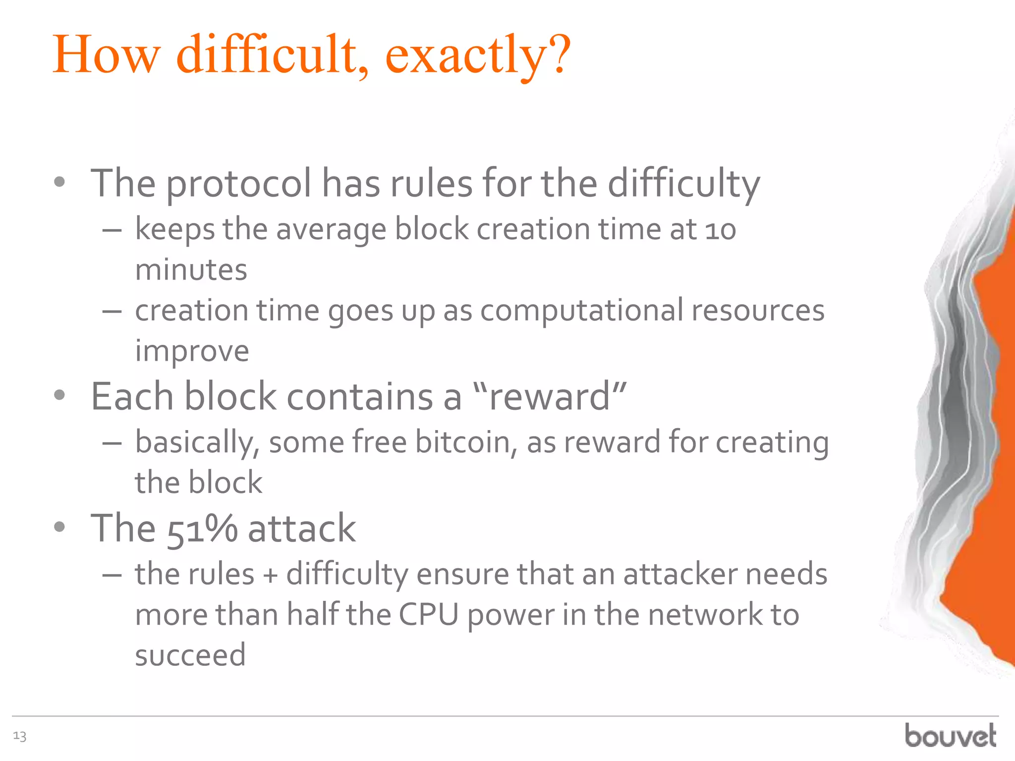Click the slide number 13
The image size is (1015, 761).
point(20,736)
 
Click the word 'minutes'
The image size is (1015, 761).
point(191,271)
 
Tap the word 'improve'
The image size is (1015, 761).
point(192,352)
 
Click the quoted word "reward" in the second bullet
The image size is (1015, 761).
point(550,397)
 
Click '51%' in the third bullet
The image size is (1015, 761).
point(202,529)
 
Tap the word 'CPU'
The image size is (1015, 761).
point(428,615)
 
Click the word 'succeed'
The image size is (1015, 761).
point(190,655)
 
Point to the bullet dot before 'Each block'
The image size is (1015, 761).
point(59,395)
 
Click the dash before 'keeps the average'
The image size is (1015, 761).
point(112,231)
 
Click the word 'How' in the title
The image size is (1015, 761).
point(107,54)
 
